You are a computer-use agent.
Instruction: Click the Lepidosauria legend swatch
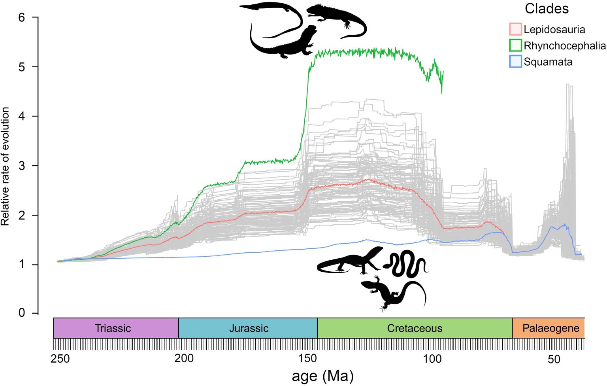tap(515, 29)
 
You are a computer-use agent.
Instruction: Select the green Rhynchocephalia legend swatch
tap(515, 45)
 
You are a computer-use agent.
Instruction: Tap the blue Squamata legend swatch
tap(515, 62)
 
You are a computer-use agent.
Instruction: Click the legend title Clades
tap(547, 9)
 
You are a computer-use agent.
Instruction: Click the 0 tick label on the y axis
tap(22, 313)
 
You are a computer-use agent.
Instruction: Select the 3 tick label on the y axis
tap(22, 166)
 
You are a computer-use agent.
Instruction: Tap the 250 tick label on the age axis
tap(60, 359)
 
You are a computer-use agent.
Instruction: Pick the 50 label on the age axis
tap(554, 359)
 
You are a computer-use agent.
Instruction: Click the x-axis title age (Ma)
tap(322, 376)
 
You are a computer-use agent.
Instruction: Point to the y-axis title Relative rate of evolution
tap(5, 166)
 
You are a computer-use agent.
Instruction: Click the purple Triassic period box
tap(116, 328)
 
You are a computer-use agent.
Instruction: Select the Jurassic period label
tap(249, 328)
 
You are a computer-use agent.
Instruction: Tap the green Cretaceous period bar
tap(415, 328)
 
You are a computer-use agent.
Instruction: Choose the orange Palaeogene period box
tap(549, 328)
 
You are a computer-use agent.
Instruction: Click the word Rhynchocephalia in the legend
tap(564, 46)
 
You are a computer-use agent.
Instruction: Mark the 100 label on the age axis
tap(432, 359)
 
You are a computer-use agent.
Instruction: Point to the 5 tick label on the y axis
tap(22, 67)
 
